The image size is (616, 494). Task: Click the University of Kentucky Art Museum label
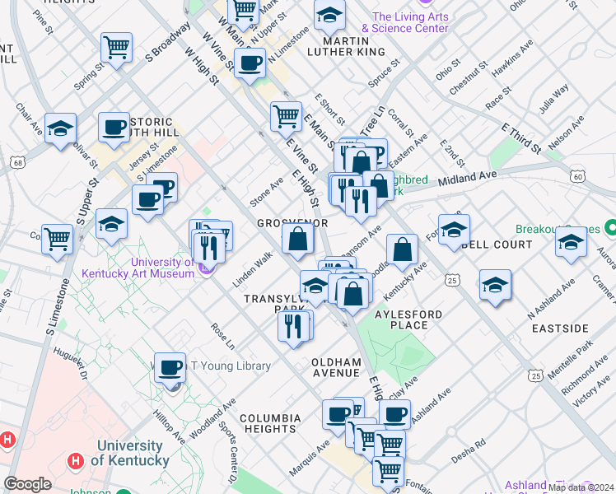(138, 268)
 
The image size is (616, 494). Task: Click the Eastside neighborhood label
(560, 329)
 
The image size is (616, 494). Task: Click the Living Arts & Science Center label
(410, 22)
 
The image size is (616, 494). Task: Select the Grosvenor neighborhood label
(292, 223)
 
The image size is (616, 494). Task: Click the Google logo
(27, 484)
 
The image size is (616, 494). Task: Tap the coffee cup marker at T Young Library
(170, 368)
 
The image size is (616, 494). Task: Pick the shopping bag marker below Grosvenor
(297, 240)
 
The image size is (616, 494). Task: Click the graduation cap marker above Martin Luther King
(329, 15)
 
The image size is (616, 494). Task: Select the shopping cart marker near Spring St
(116, 48)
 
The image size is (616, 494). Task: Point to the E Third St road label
(520, 137)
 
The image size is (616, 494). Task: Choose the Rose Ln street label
(222, 334)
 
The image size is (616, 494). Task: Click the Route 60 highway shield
(578, 176)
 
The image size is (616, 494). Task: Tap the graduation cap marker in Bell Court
(453, 231)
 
